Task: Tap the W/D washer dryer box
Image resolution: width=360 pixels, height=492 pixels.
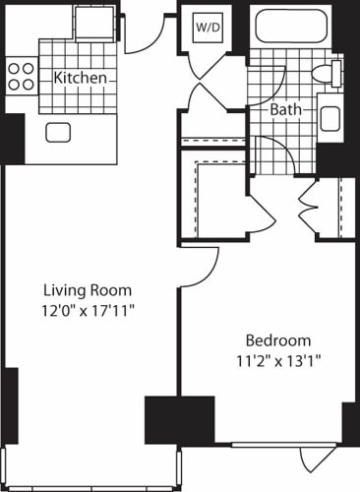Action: pyautogui.click(x=209, y=28)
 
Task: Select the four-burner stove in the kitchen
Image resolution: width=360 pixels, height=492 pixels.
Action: pyautogui.click(x=22, y=76)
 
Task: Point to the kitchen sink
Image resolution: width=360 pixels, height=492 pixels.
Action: pyautogui.click(x=57, y=133)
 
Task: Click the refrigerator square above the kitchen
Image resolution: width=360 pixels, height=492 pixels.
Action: pyautogui.click(x=95, y=22)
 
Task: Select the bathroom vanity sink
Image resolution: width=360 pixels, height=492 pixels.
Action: pyautogui.click(x=330, y=117)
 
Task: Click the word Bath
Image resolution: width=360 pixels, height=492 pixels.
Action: pyautogui.click(x=287, y=110)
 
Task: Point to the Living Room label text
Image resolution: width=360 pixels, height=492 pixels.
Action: pyautogui.click(x=87, y=290)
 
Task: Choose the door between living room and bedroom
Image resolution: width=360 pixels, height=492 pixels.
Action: pyautogui.click(x=197, y=263)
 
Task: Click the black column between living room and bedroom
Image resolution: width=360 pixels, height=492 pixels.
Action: pyautogui.click(x=179, y=419)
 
